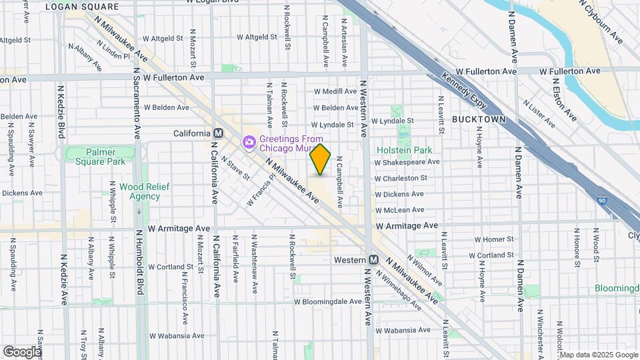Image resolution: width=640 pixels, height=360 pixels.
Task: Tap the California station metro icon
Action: [218, 133]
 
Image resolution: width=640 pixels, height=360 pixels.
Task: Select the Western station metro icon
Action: [374, 259]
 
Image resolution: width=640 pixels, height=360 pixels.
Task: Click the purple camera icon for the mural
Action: [249, 141]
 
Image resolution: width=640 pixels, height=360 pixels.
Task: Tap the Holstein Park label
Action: [404, 151]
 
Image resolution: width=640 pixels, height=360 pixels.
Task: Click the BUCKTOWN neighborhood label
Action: [478, 119]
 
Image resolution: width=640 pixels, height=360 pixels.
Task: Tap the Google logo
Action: [22, 351]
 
